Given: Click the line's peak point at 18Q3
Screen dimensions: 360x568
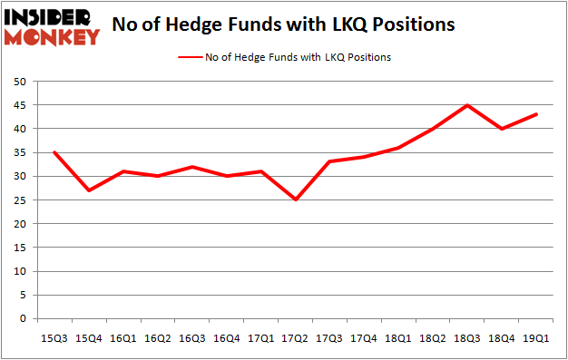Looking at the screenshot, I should pyautogui.click(x=467, y=105).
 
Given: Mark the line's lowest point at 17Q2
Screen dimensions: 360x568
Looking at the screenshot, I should pyautogui.click(x=295, y=199).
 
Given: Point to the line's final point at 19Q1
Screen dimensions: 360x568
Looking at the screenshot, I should pyautogui.click(x=537, y=114).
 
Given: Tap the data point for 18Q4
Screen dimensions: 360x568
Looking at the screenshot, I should pyautogui.click(x=503, y=129).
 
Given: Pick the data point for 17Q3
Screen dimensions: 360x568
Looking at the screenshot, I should pyautogui.click(x=329, y=161).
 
